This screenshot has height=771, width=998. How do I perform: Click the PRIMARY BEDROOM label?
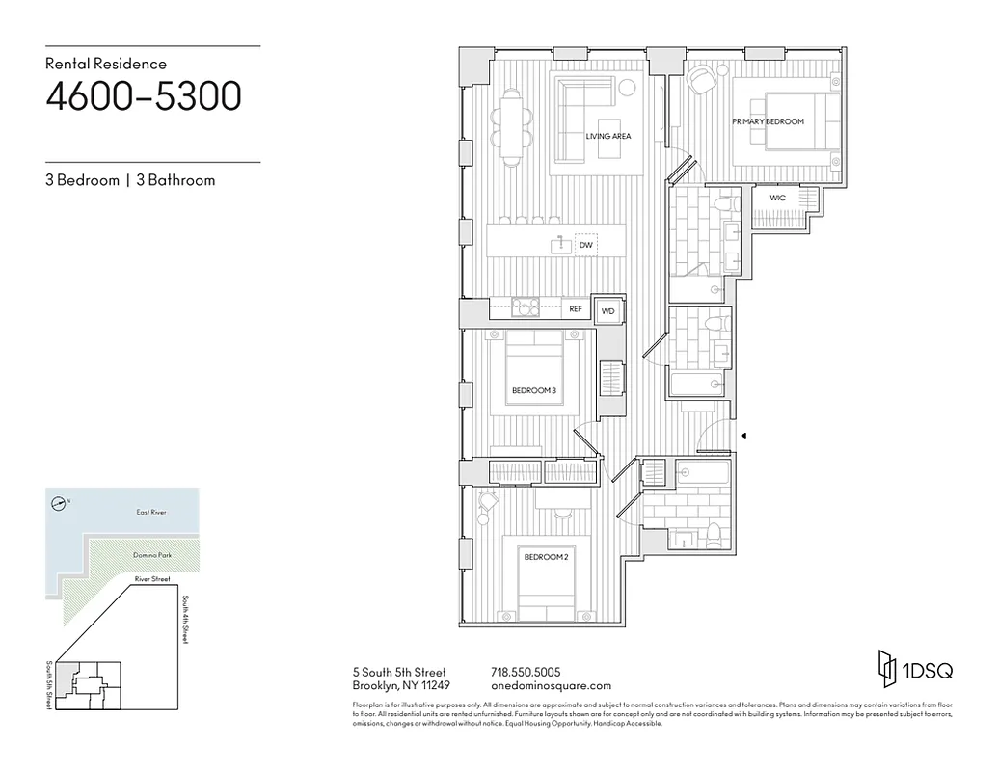[x=768, y=121]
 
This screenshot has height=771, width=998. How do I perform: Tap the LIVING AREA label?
[x=607, y=137]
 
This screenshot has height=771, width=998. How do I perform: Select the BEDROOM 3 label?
[x=533, y=390]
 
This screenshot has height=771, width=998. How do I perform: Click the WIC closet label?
[x=777, y=198]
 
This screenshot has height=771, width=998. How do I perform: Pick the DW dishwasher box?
[x=585, y=246]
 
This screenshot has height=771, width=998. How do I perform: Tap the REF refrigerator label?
[x=576, y=309]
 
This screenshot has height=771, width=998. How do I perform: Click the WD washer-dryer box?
[x=607, y=311]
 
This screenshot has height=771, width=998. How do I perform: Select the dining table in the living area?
[x=511, y=123]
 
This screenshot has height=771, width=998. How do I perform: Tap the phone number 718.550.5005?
[x=526, y=672]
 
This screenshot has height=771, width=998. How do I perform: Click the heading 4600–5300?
[x=143, y=97]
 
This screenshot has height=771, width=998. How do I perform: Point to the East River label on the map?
[x=151, y=513]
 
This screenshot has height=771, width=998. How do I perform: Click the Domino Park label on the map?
[x=151, y=556]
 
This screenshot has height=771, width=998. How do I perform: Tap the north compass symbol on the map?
[x=60, y=502]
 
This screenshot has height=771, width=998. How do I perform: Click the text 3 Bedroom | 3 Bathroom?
[x=130, y=180]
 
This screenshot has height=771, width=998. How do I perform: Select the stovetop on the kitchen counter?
[x=526, y=307]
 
